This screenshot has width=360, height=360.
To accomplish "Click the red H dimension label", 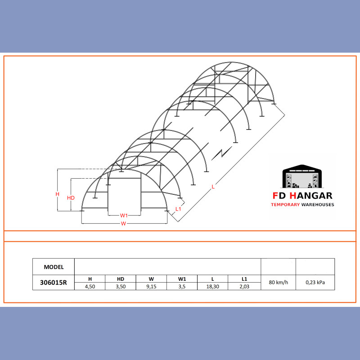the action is tap(58, 194).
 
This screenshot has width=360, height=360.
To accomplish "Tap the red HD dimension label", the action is tap(71, 198).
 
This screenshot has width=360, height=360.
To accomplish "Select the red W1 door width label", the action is tap(124, 216).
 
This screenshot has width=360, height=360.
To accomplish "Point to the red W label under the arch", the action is tap(123, 223).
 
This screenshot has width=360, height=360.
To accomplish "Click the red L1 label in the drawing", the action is tap(178, 209).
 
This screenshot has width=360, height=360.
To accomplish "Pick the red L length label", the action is tap(213, 187).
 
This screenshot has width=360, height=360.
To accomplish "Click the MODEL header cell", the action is tap(54, 267).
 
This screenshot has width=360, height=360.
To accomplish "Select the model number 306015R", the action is tap(54, 283).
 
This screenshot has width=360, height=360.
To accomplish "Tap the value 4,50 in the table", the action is tap(90, 287).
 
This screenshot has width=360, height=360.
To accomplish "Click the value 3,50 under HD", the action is tap(121, 287).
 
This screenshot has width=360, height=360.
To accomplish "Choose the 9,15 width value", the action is tap(151, 287).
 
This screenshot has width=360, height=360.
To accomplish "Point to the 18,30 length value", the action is tap(212, 287).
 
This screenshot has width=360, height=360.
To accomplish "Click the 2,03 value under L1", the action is tap(244, 287).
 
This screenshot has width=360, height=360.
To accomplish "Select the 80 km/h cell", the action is tap(278, 282).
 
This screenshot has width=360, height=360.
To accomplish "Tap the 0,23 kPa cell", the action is tap(315, 282).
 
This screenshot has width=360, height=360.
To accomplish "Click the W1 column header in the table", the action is tap(182, 279).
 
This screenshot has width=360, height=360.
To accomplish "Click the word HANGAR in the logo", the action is tap(311, 196).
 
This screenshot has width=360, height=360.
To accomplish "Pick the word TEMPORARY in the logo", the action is tap(285, 205).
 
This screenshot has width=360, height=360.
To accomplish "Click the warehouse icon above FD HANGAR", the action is tap(301, 176).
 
